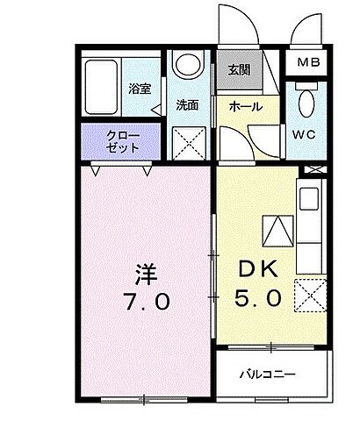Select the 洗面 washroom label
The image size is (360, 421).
click(x=186, y=105)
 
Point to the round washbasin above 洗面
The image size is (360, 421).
click(x=187, y=65)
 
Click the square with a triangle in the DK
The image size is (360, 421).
click(x=278, y=232)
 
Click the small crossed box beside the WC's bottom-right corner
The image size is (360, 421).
click(x=313, y=169)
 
